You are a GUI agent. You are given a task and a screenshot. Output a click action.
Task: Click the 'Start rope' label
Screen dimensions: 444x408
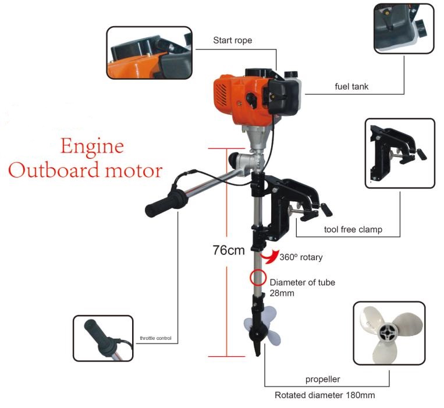[233, 40]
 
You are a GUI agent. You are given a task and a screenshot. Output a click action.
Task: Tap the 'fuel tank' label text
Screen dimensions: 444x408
[351, 86]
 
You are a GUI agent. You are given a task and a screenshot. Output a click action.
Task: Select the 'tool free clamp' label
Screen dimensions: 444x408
[353, 229]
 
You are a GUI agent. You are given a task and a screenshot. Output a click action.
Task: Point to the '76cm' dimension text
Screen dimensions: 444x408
[229, 250]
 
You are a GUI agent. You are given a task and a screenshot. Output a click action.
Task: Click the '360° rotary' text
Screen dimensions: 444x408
[301, 257]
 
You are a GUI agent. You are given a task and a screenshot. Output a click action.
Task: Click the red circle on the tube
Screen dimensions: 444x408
[258, 278]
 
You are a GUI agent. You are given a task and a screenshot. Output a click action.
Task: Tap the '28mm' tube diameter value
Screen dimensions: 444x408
[282, 293]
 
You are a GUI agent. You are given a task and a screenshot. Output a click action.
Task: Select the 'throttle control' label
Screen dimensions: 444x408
[155, 338]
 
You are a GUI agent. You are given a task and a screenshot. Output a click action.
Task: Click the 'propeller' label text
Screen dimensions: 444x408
[322, 379]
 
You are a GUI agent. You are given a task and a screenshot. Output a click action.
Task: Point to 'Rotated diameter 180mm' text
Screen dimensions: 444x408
[325, 395]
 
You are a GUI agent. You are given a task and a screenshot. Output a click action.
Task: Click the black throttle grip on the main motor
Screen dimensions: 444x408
[166, 203]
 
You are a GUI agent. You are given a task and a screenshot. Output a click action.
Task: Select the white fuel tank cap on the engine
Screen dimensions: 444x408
[291, 74]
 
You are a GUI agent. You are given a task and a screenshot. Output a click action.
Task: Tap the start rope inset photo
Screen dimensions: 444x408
[149, 53]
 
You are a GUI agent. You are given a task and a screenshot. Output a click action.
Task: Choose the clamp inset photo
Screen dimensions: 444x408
[400, 153]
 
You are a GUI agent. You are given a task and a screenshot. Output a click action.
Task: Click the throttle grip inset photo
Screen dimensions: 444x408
[103, 338]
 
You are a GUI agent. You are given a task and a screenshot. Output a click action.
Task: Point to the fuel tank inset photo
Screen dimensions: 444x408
[404, 29]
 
